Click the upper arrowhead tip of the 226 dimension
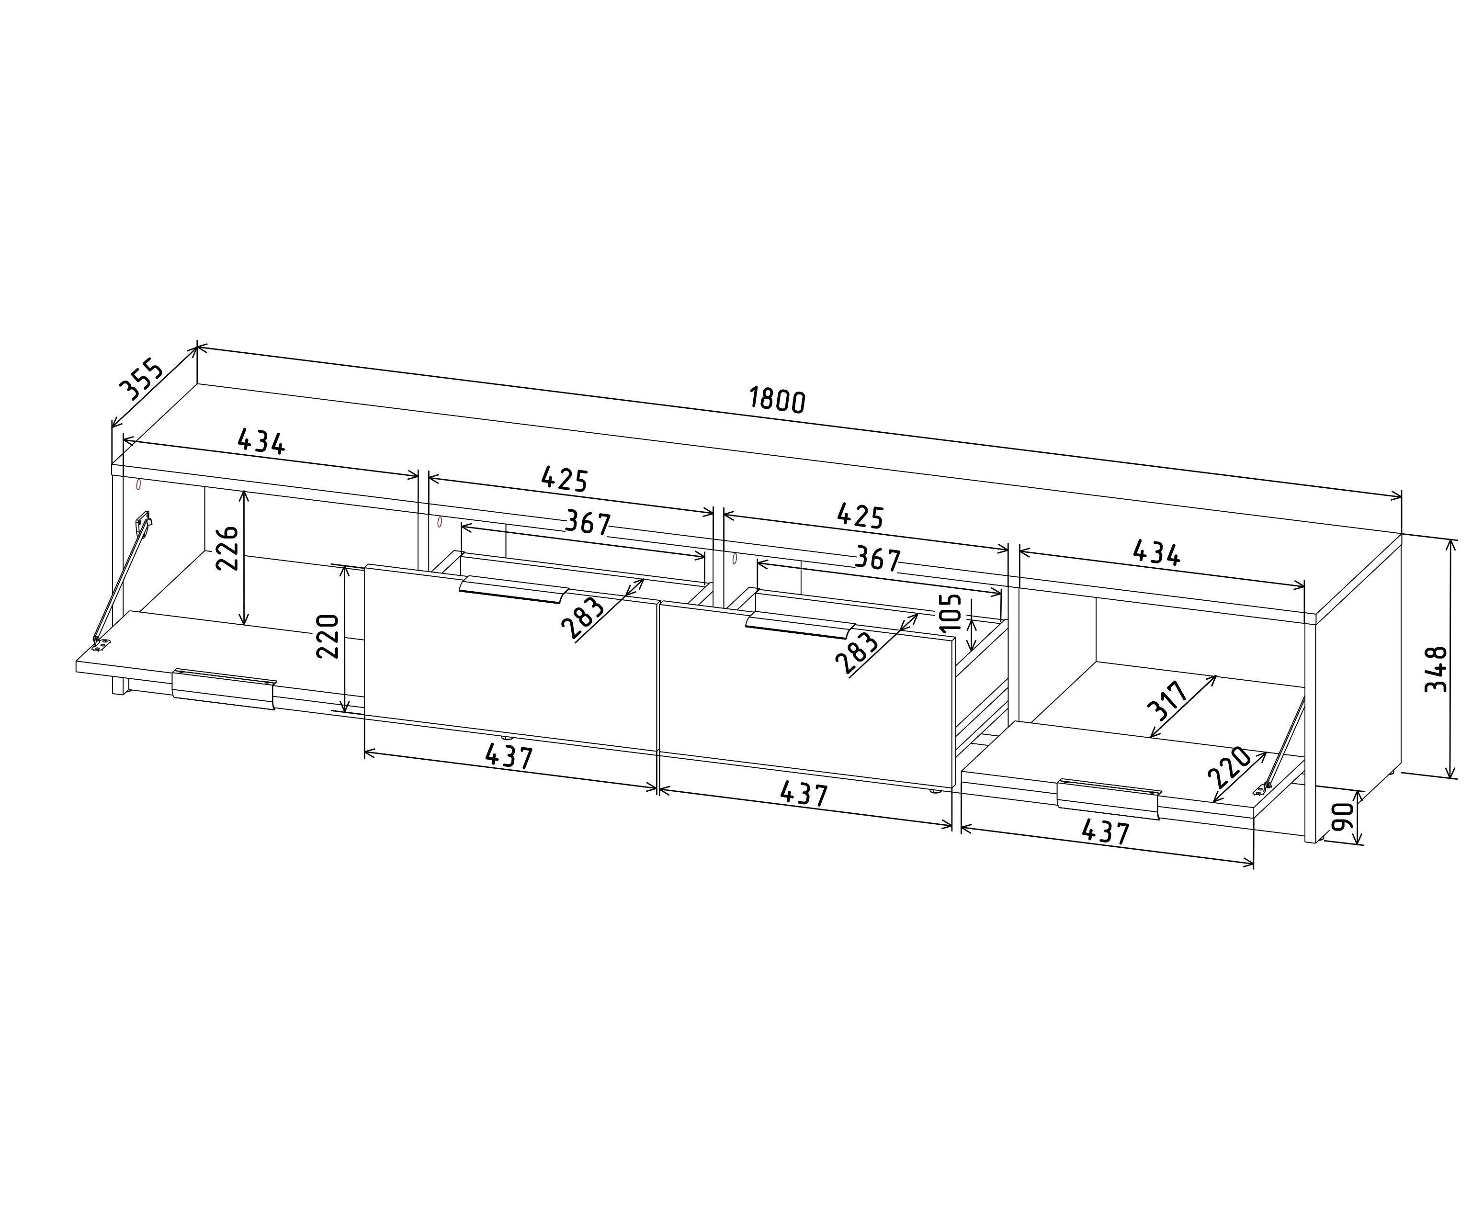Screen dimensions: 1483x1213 click(x=243, y=491)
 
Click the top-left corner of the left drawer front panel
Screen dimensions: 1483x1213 click(x=365, y=565)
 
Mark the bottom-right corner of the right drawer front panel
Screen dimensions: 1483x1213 click(x=953, y=789)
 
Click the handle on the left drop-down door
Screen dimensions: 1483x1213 click(x=224, y=688)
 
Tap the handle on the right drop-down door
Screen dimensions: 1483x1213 click(x=1109, y=798)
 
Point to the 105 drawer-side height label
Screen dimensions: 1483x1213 click(x=952, y=613)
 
